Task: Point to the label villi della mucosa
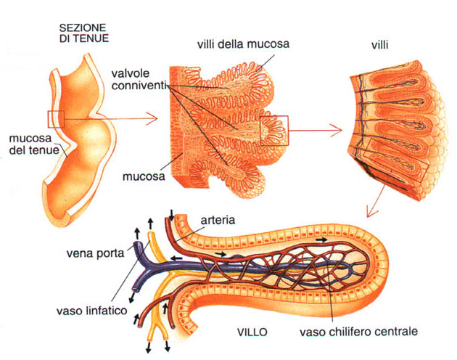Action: tap(243, 44)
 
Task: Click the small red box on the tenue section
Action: tap(56, 118)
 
